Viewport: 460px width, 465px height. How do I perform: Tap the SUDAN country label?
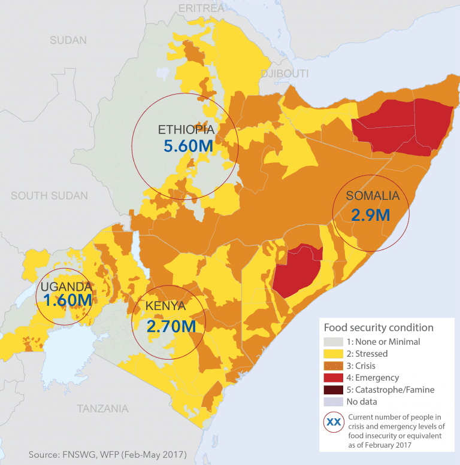(68, 41)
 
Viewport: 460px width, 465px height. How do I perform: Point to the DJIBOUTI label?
(285, 74)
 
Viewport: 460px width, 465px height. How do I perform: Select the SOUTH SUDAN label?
(49, 196)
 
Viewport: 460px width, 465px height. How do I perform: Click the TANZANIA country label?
(102, 409)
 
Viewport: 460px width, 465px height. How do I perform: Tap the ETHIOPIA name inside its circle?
(186, 130)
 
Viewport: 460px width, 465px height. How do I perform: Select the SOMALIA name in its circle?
(372, 196)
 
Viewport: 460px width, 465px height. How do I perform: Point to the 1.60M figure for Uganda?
(68, 301)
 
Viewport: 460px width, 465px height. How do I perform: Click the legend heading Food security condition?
(379, 327)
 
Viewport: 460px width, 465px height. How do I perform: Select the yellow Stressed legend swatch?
(334, 354)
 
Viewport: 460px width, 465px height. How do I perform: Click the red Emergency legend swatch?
(334, 378)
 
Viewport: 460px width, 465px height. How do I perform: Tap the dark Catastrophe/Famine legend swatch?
(334, 390)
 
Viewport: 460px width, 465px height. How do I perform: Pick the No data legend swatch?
(334, 402)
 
